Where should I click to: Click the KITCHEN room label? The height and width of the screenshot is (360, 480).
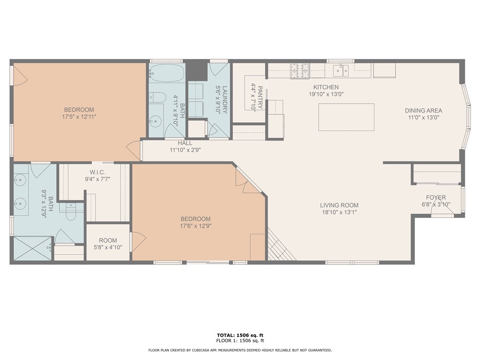[x=326, y=87]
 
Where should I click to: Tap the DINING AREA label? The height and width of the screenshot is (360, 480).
[x=423, y=111]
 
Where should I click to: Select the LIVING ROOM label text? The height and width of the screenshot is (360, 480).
[x=339, y=205]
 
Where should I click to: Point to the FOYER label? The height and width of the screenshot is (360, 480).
[x=436, y=197]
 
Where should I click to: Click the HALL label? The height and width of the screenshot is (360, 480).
[x=185, y=143]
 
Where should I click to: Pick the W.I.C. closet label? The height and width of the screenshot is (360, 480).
[x=97, y=172]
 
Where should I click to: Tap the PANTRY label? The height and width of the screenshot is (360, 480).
[x=260, y=97]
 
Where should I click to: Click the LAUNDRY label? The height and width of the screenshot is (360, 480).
[x=225, y=100]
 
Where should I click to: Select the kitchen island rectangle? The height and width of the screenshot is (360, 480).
[x=346, y=117]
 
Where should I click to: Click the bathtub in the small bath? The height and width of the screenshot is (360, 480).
[x=167, y=73]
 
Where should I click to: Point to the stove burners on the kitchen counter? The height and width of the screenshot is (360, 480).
[x=300, y=70]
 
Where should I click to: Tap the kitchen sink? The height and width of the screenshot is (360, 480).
[x=341, y=71]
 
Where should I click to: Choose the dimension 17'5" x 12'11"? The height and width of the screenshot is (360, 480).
[x=79, y=117]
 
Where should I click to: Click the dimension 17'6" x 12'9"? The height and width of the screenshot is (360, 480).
[x=195, y=226]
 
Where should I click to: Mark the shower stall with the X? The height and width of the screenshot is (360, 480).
[x=33, y=248]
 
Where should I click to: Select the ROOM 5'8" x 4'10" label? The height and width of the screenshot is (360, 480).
[x=108, y=244]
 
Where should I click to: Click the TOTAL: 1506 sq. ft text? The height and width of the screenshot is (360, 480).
[x=240, y=335]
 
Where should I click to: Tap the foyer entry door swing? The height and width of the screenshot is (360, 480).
[x=442, y=208]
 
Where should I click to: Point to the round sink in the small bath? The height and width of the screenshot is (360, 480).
[x=156, y=121]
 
